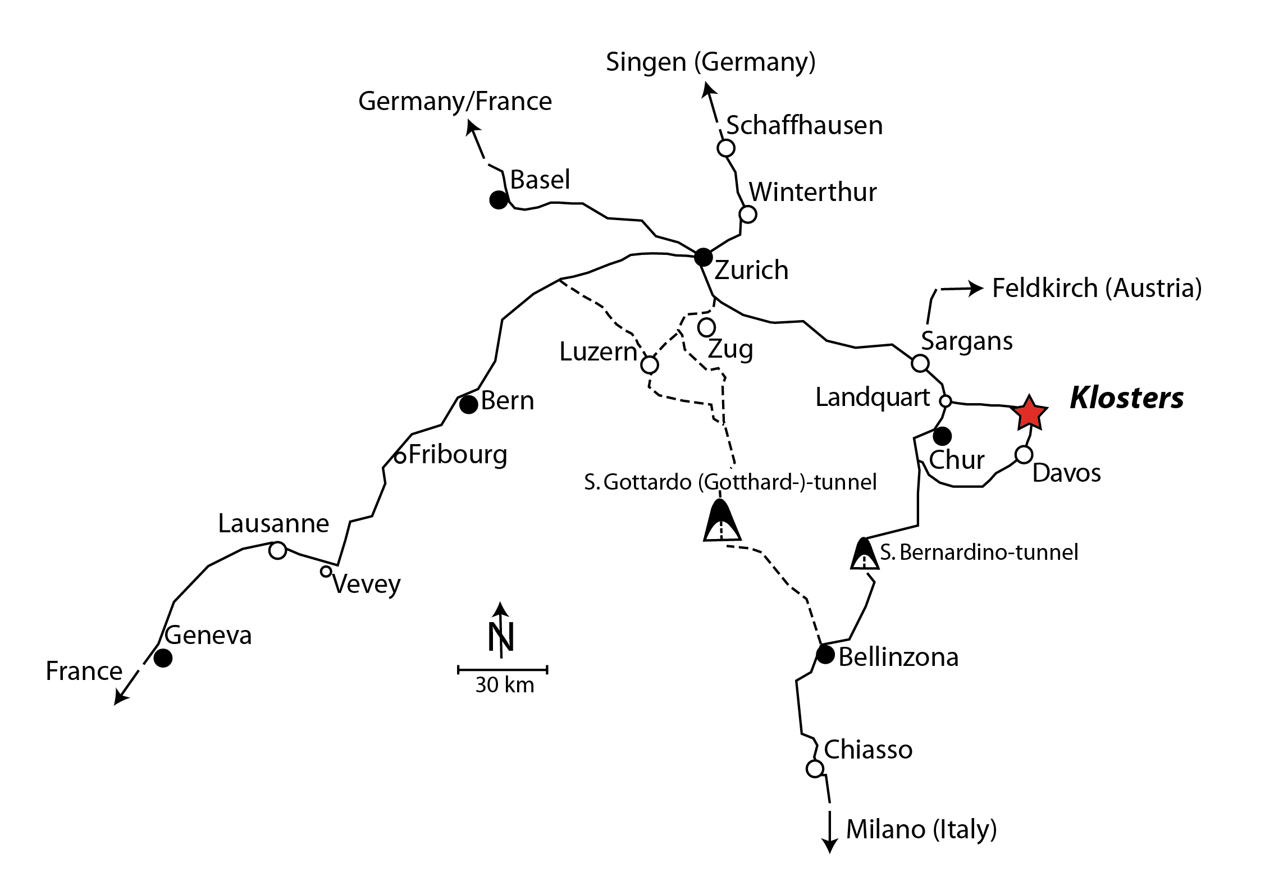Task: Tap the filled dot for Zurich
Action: coord(703,257)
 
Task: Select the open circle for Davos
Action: coord(1024,455)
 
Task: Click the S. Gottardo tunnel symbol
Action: coord(722,521)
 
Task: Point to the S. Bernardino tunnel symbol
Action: coord(864,555)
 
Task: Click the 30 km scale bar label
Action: coord(504,686)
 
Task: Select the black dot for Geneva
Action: coord(163,657)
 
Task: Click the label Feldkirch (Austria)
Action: coord(1097,288)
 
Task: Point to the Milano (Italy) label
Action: coord(921,829)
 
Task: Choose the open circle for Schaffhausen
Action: coord(726,148)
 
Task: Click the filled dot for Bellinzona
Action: coord(825,655)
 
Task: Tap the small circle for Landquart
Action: coord(946,401)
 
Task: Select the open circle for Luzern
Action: coord(650,365)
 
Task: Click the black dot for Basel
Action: coord(498,200)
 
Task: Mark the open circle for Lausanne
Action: coord(277,550)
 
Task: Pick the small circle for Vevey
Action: coord(326,572)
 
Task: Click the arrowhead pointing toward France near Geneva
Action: coord(120,699)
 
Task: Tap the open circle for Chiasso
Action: coord(815,768)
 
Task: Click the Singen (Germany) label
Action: coord(710,62)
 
